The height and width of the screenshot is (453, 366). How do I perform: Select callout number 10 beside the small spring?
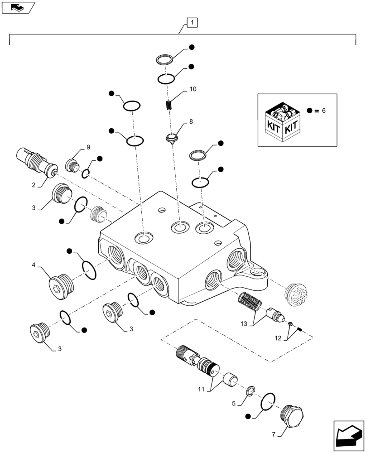pos(193,89)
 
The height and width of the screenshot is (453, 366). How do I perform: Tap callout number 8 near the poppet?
pos(191,121)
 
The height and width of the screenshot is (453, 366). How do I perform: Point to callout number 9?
pos(88,147)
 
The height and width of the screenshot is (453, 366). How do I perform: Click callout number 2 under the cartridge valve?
pos(34,186)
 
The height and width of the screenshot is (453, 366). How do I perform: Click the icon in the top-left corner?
pos(17,7)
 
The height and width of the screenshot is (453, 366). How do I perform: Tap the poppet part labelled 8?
pos(172,137)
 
